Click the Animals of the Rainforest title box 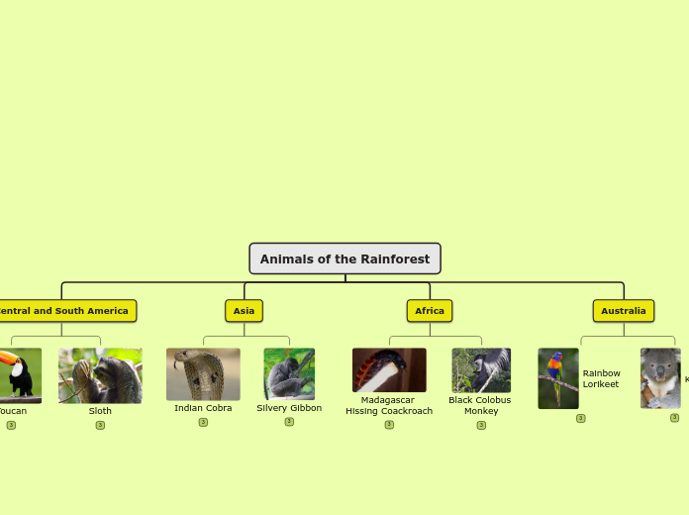tap(344, 258)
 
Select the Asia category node tap(244, 311)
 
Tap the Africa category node tap(430, 311)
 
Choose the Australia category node tap(624, 311)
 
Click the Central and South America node tap(65, 311)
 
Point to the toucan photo tap(20, 374)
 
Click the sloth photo tap(100, 375)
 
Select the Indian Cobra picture tap(203, 373)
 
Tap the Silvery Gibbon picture tap(289, 373)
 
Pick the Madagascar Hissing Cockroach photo tap(389, 369)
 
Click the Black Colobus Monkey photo tap(481, 369)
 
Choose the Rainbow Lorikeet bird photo tap(558, 377)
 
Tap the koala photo tap(660, 377)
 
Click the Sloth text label tap(100, 411)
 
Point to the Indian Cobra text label tap(203, 408)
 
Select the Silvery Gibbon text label tap(289, 408)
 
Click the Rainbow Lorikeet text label tap(601, 379)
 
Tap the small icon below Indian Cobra tap(203, 422)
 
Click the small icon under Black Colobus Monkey tap(481, 425)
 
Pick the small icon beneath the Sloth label tap(100, 425)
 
